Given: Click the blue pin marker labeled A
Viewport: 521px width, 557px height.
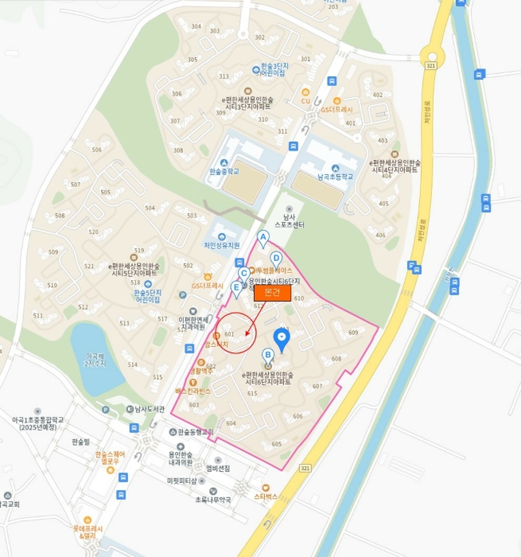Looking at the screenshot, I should pyautogui.click(x=263, y=237).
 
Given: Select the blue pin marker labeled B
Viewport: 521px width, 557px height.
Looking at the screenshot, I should pyautogui.click(x=268, y=355).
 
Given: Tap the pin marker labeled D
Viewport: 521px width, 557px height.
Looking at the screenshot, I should pyautogui.click(x=276, y=259).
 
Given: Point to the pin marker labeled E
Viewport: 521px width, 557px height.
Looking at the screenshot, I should pyautogui.click(x=235, y=287).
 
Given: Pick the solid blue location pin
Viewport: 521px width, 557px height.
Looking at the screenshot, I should pyautogui.click(x=281, y=337).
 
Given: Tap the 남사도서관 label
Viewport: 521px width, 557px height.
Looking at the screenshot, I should pyautogui.click(x=143, y=409).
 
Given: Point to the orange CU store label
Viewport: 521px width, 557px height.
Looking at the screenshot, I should pyautogui.click(x=305, y=101).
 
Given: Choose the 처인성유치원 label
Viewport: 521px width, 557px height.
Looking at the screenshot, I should pyautogui.click(x=222, y=245).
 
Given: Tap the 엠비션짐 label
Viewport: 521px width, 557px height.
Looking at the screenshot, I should pyautogui.click(x=217, y=469).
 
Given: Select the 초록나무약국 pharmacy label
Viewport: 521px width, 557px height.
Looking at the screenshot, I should pyautogui.click(x=213, y=500).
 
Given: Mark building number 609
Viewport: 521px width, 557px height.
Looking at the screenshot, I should pyautogui.click(x=353, y=333).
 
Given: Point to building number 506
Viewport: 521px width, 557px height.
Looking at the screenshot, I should pyautogui.click(x=97, y=150).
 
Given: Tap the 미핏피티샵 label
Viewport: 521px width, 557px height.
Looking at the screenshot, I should pyautogui.click(x=181, y=481).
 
